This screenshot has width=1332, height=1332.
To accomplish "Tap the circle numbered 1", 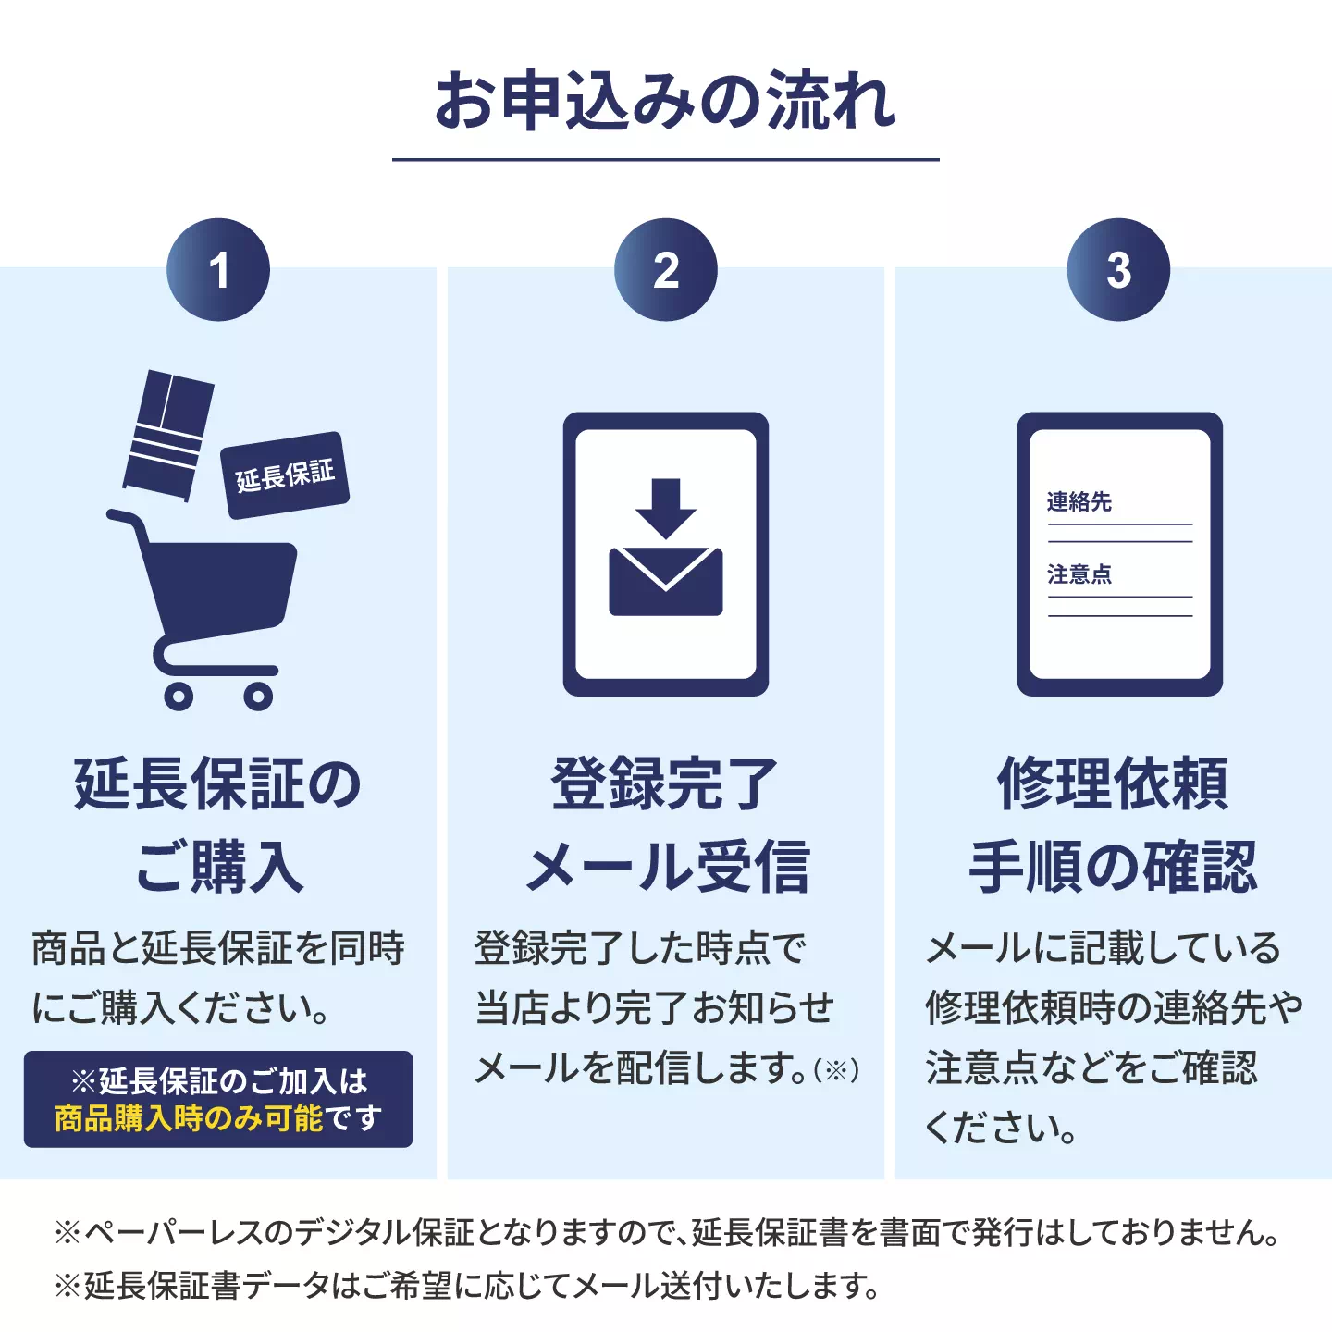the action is (218, 269).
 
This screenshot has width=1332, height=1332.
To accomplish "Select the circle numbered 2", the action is (666, 269).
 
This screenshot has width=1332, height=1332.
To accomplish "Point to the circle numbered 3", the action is (1118, 269).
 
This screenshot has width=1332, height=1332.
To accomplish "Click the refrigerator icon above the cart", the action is (168, 436).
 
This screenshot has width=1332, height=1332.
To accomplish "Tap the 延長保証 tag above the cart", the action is (285, 475).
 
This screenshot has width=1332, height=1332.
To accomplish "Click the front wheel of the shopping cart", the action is (258, 697).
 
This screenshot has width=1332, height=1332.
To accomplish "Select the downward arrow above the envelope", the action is (666, 508).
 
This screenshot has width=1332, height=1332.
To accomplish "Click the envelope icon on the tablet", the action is (666, 581).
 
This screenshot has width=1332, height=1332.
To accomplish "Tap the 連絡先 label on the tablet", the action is (1079, 502).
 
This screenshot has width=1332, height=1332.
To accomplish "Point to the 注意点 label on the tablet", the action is (1079, 573).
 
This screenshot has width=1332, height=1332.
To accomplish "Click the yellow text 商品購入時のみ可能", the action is (189, 1117).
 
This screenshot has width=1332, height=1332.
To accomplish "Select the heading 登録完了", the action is (665, 783).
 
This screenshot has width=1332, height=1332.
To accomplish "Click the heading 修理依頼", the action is (1113, 783).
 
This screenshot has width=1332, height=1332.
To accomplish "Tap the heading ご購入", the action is (219, 867).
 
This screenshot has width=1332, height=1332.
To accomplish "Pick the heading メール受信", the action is (668, 867).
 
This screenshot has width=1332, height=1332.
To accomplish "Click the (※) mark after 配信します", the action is (836, 1070).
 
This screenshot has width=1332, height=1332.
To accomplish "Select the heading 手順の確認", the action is (1113, 867).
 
